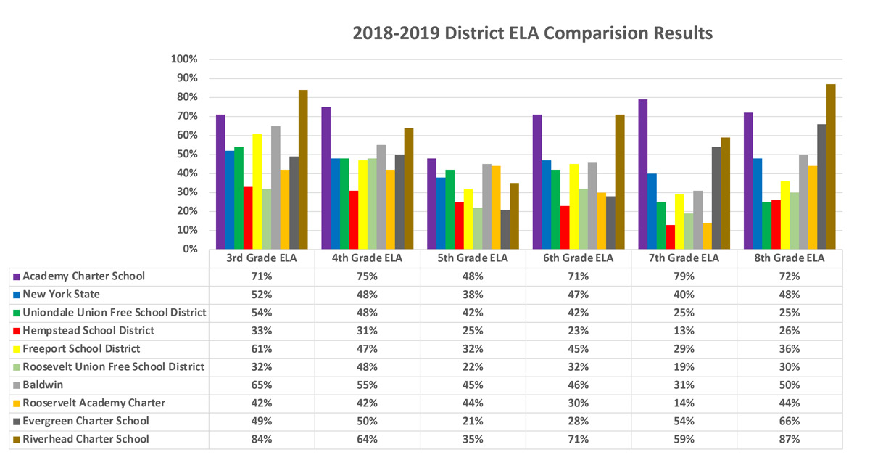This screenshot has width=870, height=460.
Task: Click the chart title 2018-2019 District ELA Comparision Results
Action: (x=532, y=33)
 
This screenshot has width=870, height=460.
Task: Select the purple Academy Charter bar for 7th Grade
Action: (x=642, y=174)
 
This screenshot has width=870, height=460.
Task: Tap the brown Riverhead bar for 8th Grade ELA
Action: (x=831, y=167)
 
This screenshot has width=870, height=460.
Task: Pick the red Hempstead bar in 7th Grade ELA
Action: (x=671, y=237)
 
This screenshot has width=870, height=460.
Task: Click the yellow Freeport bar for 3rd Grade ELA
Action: (x=257, y=192)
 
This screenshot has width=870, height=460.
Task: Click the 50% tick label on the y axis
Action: (x=186, y=155)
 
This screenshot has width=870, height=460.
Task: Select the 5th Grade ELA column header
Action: (x=473, y=258)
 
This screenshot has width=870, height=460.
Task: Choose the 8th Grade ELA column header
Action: (x=790, y=258)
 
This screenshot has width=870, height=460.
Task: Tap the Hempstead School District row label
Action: (x=88, y=330)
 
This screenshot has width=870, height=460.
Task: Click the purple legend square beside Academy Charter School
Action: (x=16, y=276)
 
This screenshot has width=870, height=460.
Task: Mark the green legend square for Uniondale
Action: (x=16, y=313)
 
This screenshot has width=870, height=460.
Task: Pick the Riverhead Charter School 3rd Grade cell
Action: (x=261, y=439)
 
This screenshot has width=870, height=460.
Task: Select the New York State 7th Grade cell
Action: (x=684, y=295)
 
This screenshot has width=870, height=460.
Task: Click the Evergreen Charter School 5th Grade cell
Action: (x=473, y=421)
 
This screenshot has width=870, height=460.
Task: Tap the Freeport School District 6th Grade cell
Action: (x=579, y=348)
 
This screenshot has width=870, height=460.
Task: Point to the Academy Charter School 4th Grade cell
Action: (x=367, y=276)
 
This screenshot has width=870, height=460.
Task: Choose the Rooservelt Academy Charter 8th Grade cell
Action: (x=790, y=403)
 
